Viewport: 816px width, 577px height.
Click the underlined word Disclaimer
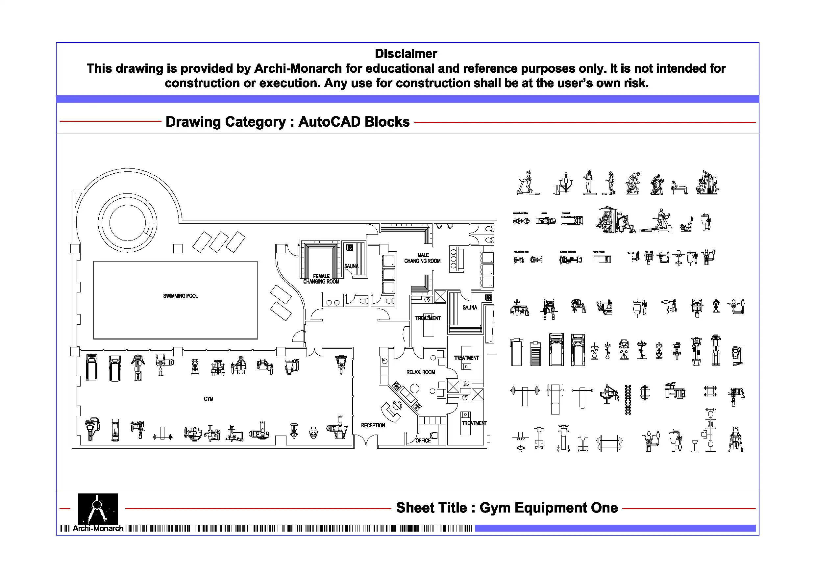[406, 54]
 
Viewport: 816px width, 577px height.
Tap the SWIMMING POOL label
[180, 296]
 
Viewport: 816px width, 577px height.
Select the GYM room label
[209, 399]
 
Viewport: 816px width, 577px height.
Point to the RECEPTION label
[373, 425]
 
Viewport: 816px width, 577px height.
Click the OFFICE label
[423, 440]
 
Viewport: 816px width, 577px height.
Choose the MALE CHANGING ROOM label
[422, 258]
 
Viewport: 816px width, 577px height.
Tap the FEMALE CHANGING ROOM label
[321, 279]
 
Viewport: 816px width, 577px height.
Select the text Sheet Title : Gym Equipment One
[507, 508]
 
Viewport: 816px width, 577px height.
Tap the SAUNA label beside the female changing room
[351, 266]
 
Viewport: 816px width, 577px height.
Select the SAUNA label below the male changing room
[469, 308]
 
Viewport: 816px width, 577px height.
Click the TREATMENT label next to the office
[474, 423]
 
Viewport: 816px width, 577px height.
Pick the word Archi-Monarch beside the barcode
[98, 529]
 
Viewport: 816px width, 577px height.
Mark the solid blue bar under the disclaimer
[407, 99]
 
